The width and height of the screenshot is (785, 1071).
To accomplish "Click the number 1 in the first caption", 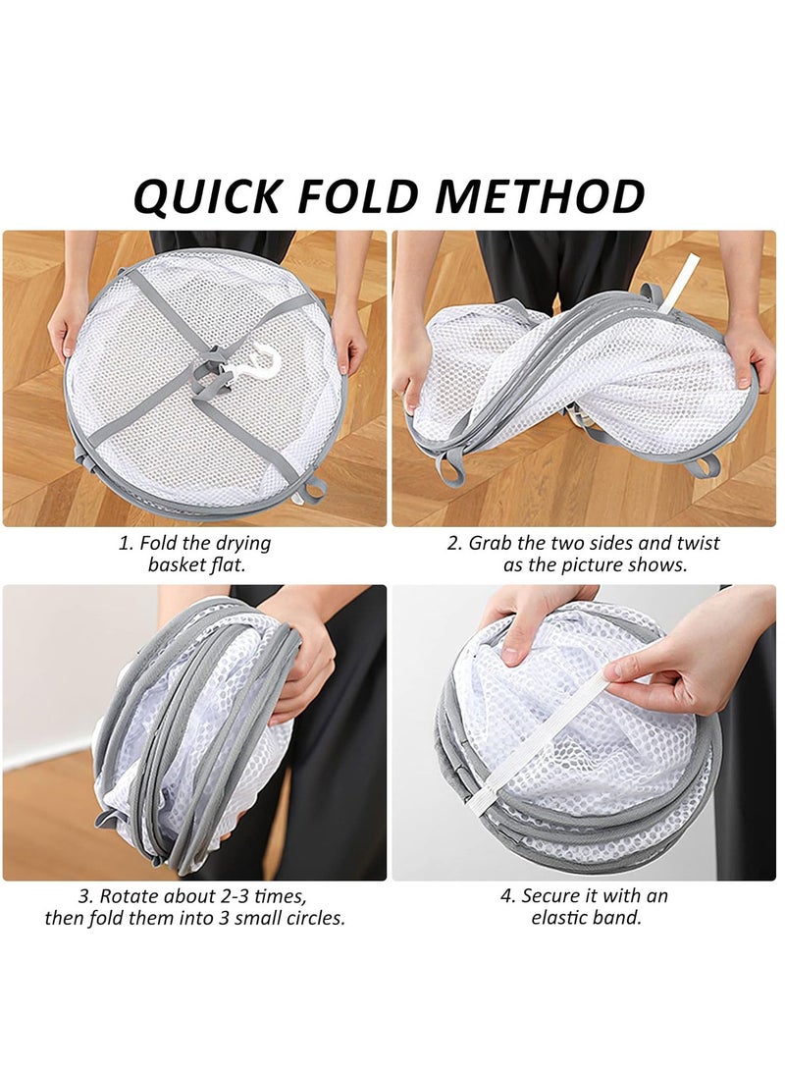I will (124, 543).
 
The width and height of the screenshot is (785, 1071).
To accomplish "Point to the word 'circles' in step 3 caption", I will (313, 919).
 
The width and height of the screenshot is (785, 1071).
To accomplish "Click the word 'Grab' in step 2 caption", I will (489, 543).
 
